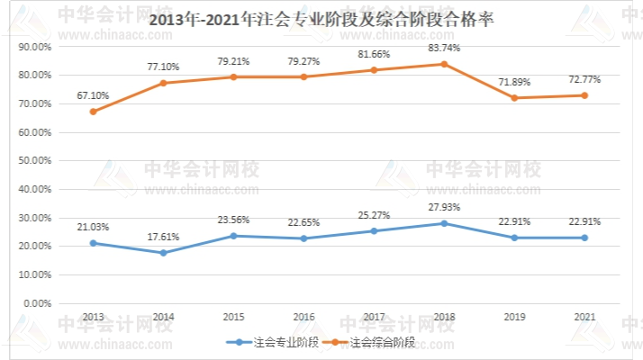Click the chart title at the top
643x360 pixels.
(x=321, y=20)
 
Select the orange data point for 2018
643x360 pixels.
(x=444, y=64)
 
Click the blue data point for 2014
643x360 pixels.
(x=163, y=253)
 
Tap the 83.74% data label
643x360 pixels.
(x=444, y=48)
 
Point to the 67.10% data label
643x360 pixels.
(x=93, y=94)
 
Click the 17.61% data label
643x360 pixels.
(x=163, y=237)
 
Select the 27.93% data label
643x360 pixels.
(x=444, y=207)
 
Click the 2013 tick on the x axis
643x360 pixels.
(x=93, y=317)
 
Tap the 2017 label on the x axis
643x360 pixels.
(x=374, y=317)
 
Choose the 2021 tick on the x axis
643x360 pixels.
(x=584, y=317)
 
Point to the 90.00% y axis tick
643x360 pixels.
(x=35, y=47)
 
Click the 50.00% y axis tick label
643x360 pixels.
(x=35, y=161)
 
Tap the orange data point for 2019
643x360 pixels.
(x=514, y=97)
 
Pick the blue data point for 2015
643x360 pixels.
(x=233, y=236)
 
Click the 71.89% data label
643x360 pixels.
(x=514, y=82)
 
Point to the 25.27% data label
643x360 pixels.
(x=374, y=215)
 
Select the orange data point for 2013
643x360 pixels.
(x=93, y=112)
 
